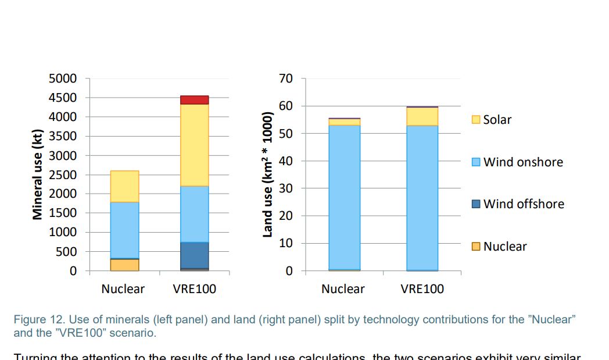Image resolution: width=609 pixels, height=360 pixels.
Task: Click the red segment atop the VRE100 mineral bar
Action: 195,100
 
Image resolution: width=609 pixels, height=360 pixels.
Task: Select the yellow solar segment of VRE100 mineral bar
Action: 195,145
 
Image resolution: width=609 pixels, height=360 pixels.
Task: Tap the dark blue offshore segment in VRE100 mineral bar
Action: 195,255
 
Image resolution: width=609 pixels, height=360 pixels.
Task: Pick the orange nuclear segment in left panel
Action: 124,265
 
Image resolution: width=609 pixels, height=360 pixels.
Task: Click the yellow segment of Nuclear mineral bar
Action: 124,186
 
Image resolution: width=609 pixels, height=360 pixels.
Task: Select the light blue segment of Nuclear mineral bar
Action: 124,230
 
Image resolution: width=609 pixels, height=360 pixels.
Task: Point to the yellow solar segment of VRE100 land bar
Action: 422,116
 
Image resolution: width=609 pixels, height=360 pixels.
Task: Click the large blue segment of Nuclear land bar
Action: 344,198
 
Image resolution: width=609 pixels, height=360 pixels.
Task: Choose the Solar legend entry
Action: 491,120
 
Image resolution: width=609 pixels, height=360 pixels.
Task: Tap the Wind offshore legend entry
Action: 517,204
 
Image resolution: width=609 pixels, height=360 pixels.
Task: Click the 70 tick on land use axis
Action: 286,79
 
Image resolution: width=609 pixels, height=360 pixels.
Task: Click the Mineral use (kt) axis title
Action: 38,174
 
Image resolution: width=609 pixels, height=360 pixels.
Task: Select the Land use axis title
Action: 268,174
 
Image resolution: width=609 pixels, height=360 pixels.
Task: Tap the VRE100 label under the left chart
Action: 195,289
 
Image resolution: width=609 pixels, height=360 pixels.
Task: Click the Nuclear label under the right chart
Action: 343,289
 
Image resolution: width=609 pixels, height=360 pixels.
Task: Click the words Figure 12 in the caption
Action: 34,320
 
